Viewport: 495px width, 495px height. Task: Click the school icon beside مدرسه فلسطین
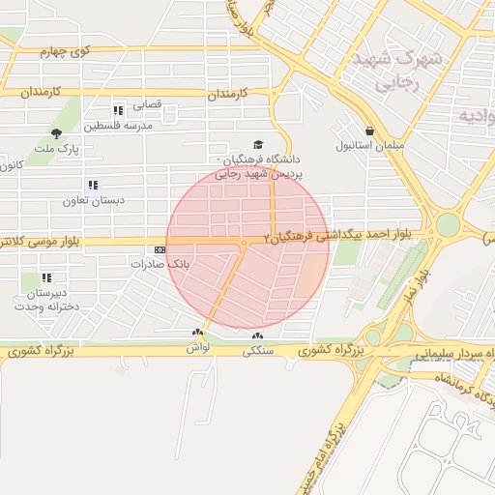(x=118, y=110)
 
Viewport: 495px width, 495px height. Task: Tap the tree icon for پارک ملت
(x=55, y=132)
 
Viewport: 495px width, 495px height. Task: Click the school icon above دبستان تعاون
(x=92, y=185)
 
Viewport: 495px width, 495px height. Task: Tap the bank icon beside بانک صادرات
(x=160, y=249)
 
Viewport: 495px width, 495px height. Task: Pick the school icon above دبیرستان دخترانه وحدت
(x=46, y=277)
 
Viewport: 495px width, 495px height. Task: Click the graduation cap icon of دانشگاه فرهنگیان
(x=256, y=143)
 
